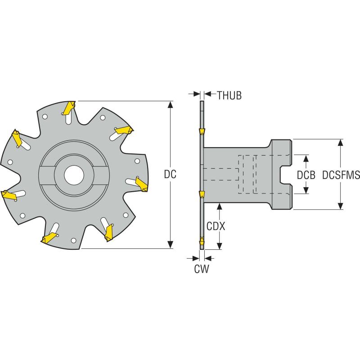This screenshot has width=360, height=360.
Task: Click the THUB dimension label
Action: (x=229, y=95)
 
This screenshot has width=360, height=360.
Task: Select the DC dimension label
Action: (x=170, y=175)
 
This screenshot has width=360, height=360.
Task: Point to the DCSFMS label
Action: (x=341, y=175)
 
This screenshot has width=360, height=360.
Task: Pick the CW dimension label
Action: (x=201, y=269)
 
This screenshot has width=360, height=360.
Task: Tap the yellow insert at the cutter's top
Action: (x=69, y=107)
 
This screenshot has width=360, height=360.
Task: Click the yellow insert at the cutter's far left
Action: (x=9, y=195)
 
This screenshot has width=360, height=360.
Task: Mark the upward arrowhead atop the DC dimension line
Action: (x=170, y=105)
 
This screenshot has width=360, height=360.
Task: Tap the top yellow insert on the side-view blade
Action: (x=202, y=131)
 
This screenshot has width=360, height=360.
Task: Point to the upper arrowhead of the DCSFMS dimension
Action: (x=341, y=143)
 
